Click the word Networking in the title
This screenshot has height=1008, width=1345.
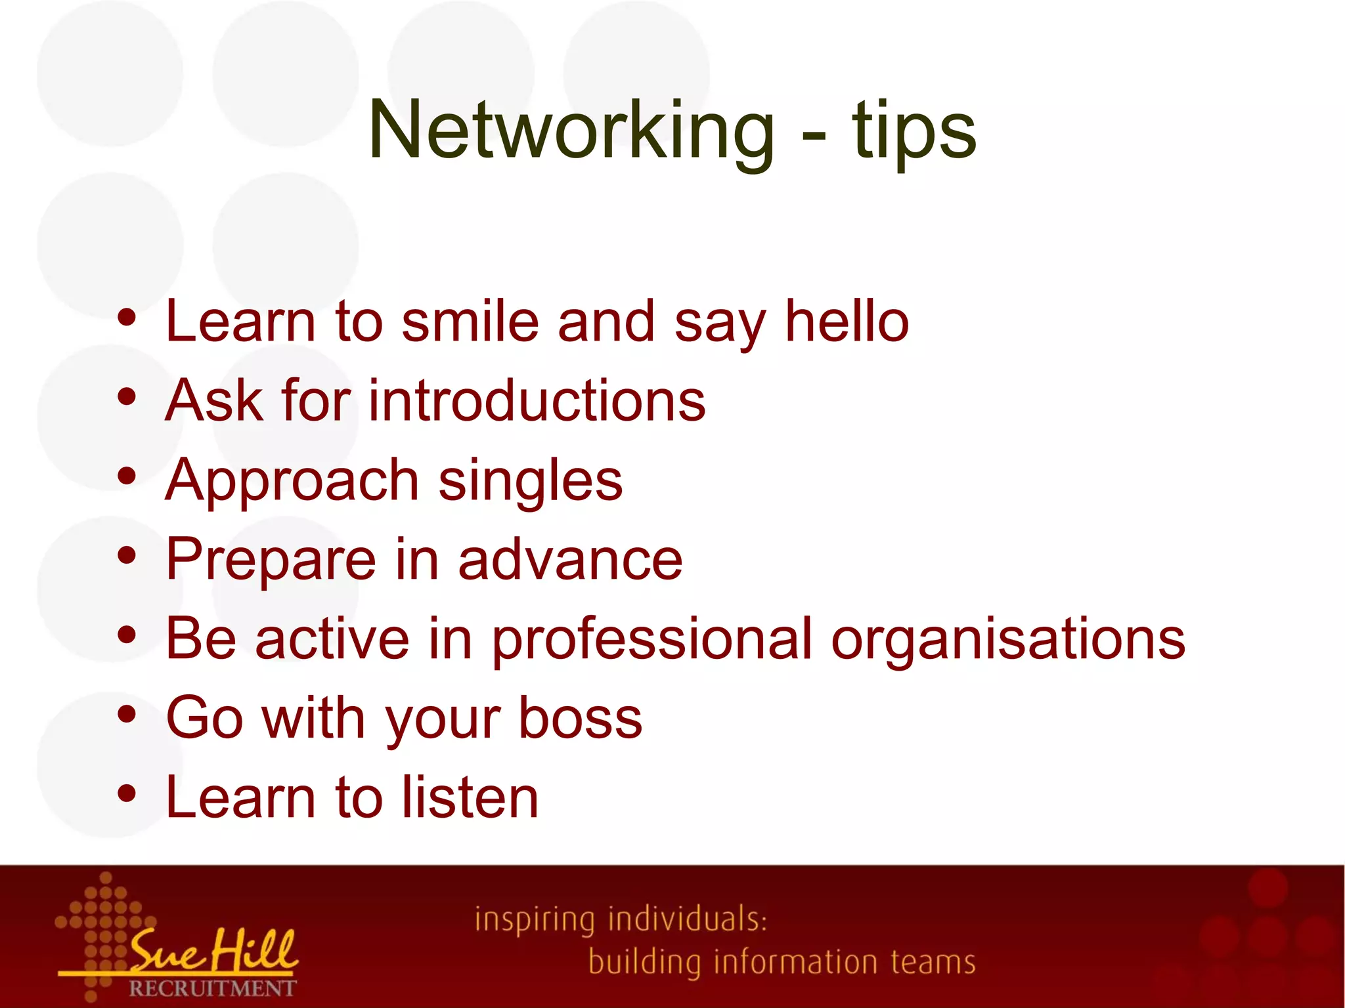click(x=571, y=130)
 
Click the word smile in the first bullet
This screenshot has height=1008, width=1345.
click(x=470, y=322)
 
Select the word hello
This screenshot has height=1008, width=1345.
click(x=847, y=322)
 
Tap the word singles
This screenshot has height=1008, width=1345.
click(x=530, y=481)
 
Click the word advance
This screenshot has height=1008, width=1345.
click(x=570, y=560)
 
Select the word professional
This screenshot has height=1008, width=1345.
click(x=651, y=639)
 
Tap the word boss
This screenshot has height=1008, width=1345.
click(x=580, y=718)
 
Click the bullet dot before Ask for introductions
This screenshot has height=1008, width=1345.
click(x=127, y=396)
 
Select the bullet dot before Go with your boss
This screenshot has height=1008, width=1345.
click(x=127, y=714)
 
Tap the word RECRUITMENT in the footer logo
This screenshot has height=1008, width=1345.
click(x=212, y=988)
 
